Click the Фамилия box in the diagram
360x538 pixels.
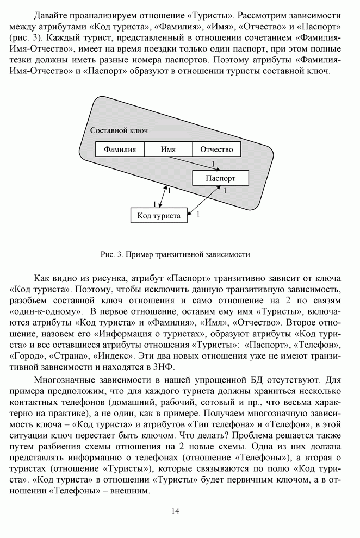[x=120, y=149]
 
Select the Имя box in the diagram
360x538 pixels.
[x=169, y=149]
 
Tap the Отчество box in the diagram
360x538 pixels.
[x=216, y=149]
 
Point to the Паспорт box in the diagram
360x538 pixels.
[x=221, y=178]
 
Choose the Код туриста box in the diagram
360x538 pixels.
[x=159, y=216]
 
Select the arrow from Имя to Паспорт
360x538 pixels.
[x=190, y=164]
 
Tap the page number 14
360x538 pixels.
[x=175, y=510]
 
